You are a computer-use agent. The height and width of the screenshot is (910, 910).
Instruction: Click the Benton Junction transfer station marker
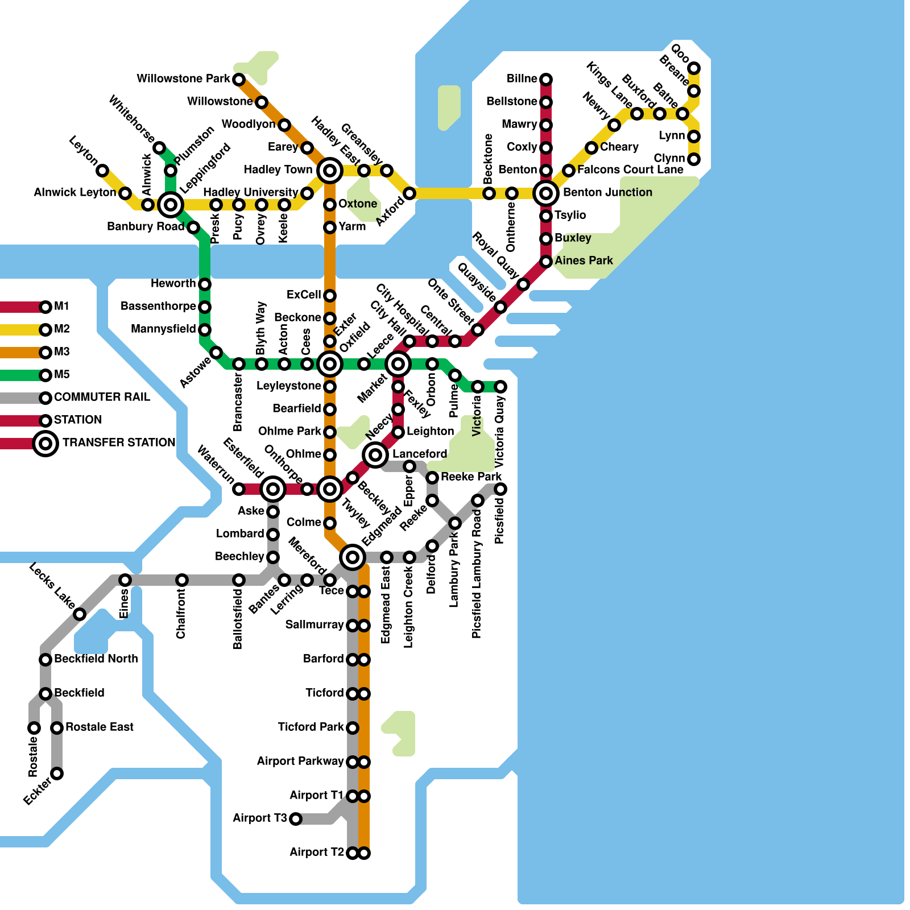(x=546, y=193)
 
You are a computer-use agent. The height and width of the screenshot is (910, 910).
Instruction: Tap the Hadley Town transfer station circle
(x=330, y=170)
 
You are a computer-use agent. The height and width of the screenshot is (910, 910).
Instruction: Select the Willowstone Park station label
(x=183, y=78)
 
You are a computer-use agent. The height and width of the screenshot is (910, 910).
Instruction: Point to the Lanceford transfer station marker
(x=375, y=454)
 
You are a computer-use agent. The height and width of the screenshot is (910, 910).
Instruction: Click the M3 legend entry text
(x=61, y=352)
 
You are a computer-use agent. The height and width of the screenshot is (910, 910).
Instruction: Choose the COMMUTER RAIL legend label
(x=102, y=397)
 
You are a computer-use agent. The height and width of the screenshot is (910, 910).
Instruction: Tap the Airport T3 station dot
(x=296, y=818)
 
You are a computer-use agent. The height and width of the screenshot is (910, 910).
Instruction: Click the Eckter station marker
(x=57, y=773)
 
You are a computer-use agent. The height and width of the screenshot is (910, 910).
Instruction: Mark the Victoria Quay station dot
(x=500, y=387)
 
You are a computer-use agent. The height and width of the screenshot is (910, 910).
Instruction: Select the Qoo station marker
(x=694, y=68)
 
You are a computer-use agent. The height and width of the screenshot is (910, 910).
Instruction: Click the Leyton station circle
(x=102, y=170)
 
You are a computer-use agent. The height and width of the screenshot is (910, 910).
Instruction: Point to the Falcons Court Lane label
(x=630, y=169)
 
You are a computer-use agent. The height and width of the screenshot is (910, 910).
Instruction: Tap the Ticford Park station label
(x=311, y=727)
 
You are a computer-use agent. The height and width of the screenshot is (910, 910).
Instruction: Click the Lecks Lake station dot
(x=80, y=614)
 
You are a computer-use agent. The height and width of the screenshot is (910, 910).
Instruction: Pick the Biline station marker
(x=546, y=79)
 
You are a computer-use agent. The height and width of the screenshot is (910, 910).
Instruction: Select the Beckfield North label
(x=96, y=659)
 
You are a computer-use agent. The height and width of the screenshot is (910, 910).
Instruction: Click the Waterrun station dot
(x=239, y=489)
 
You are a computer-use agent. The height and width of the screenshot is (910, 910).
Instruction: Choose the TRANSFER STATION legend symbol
(x=45, y=443)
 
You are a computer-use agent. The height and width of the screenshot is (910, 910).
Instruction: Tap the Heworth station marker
(x=205, y=284)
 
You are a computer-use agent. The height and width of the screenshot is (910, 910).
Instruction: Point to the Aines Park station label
(x=584, y=260)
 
